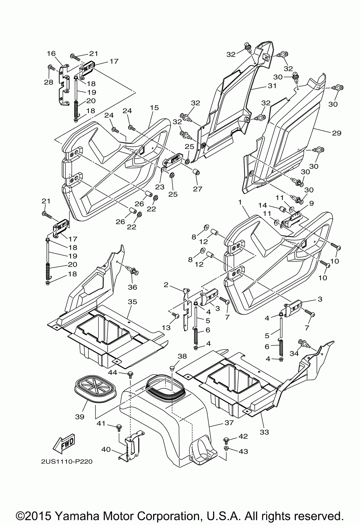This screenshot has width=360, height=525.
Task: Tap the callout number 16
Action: click(51, 54)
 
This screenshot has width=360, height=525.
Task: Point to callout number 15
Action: click(154, 108)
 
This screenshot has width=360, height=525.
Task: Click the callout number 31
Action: click(273, 86)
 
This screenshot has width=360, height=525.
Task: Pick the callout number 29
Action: click(337, 133)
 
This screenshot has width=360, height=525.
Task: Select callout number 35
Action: click(132, 302)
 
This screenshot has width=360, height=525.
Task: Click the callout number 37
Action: click(229, 423)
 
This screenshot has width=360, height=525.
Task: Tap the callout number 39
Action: click(80, 417)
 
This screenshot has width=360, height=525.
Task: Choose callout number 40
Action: click(106, 450)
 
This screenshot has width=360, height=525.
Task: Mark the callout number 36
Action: click(132, 287)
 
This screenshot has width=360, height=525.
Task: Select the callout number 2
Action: click(166, 285)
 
